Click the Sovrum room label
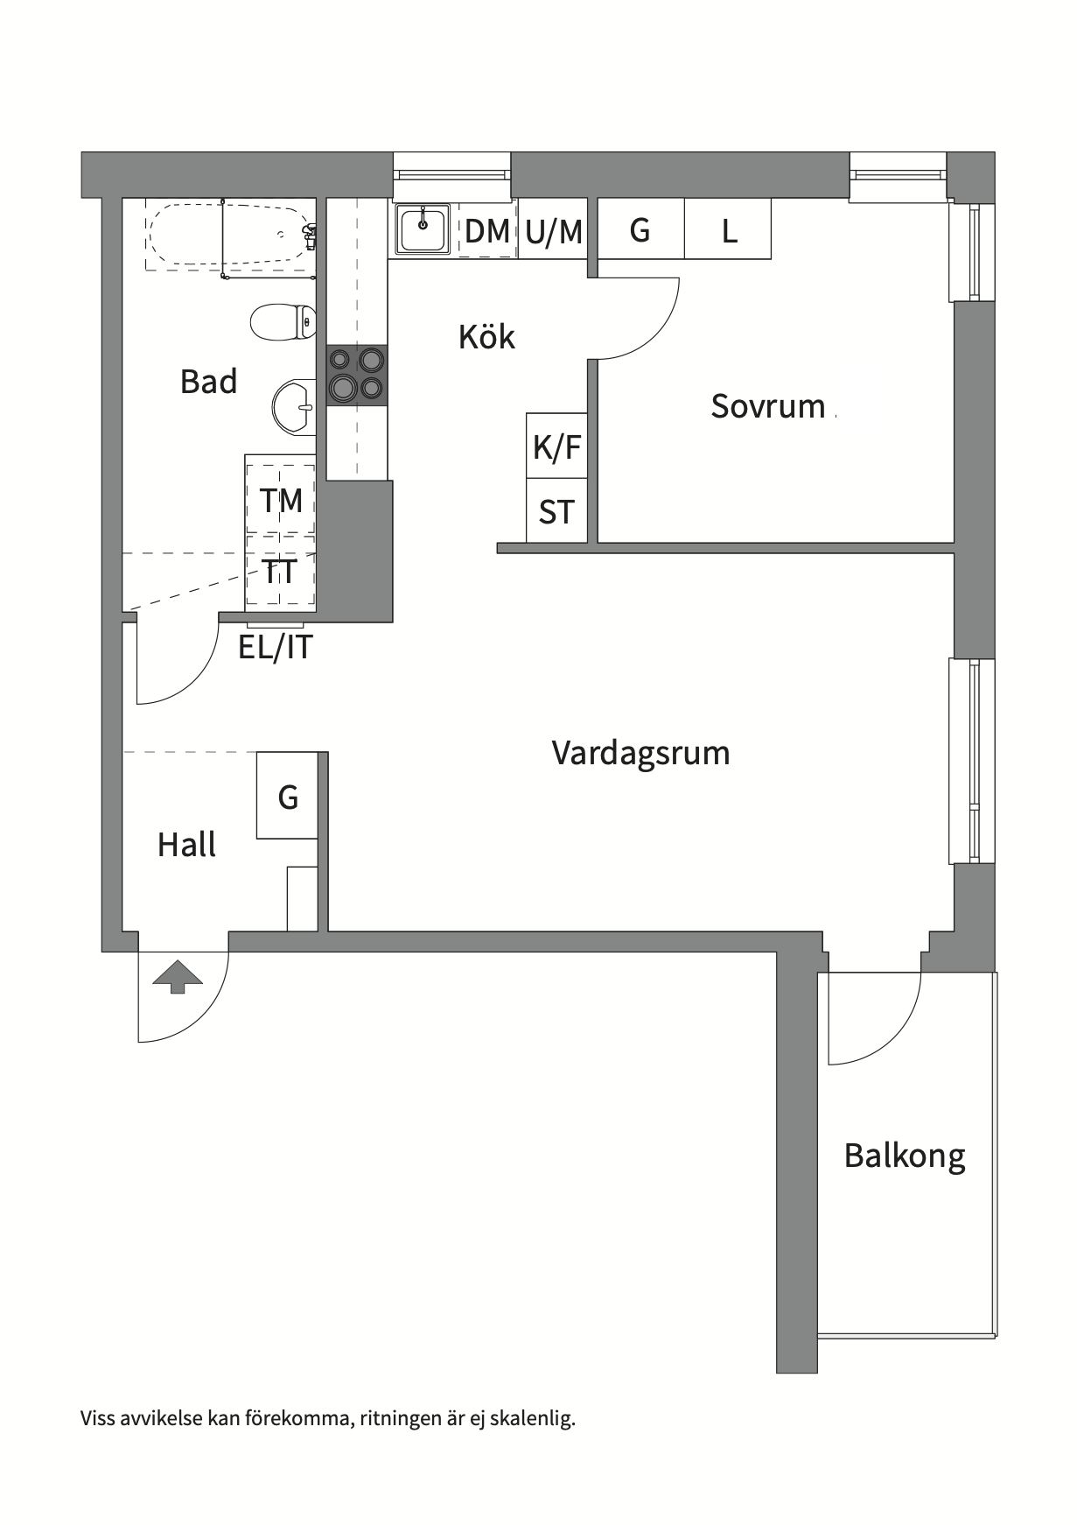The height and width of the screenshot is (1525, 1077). pyautogui.click(x=767, y=406)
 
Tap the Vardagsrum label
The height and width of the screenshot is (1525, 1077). pyautogui.click(x=640, y=753)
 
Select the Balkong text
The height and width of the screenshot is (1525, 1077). pyautogui.click(x=904, y=1156)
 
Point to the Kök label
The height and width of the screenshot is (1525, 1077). pyautogui.click(x=486, y=337)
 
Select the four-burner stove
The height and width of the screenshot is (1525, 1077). pyautogui.click(x=357, y=375)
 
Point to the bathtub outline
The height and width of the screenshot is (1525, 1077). pyautogui.click(x=229, y=234)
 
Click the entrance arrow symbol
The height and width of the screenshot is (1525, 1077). pyautogui.click(x=178, y=976)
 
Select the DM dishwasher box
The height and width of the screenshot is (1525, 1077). pyautogui.click(x=487, y=231)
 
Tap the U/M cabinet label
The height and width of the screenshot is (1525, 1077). pyautogui.click(x=554, y=231)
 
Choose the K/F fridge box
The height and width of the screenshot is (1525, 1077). pyautogui.click(x=556, y=446)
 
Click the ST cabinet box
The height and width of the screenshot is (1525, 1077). pyautogui.click(x=556, y=511)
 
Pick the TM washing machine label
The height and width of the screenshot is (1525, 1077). pyautogui.click(x=281, y=500)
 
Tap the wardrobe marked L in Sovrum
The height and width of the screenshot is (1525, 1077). pyautogui.click(x=728, y=230)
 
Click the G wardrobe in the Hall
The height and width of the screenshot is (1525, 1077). pyautogui.click(x=287, y=797)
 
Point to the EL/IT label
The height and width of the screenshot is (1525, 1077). pyautogui.click(x=276, y=647)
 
